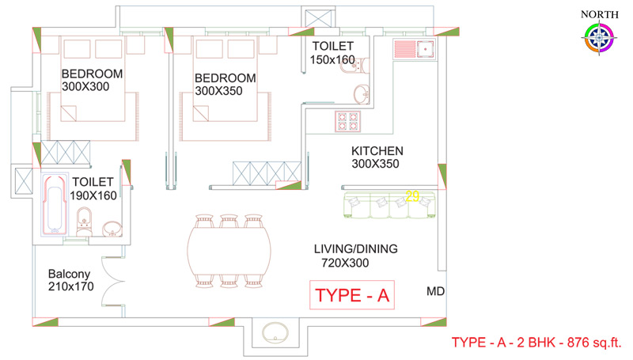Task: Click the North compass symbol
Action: tap(599, 38)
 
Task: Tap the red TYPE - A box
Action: tap(352, 295)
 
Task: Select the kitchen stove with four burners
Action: tap(347, 122)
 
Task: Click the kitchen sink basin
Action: tap(426, 49)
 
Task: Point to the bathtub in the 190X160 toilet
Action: tap(55, 205)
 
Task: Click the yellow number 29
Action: tap(412, 196)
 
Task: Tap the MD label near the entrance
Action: tap(436, 291)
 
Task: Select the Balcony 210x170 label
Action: tap(70, 280)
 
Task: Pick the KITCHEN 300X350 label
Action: tap(377, 157)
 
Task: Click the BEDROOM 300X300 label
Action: tap(92, 80)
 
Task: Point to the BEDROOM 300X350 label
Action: tap(226, 84)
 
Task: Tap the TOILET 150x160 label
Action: tap(332, 53)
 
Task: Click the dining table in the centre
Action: tap(229, 251)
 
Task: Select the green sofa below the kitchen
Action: tap(389, 205)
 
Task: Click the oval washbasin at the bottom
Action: tap(275, 333)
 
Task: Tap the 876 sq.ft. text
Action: tap(594, 343)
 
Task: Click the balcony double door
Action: tap(113, 282)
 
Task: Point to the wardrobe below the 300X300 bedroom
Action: tap(66, 153)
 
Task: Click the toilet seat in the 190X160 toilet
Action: tap(84, 222)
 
